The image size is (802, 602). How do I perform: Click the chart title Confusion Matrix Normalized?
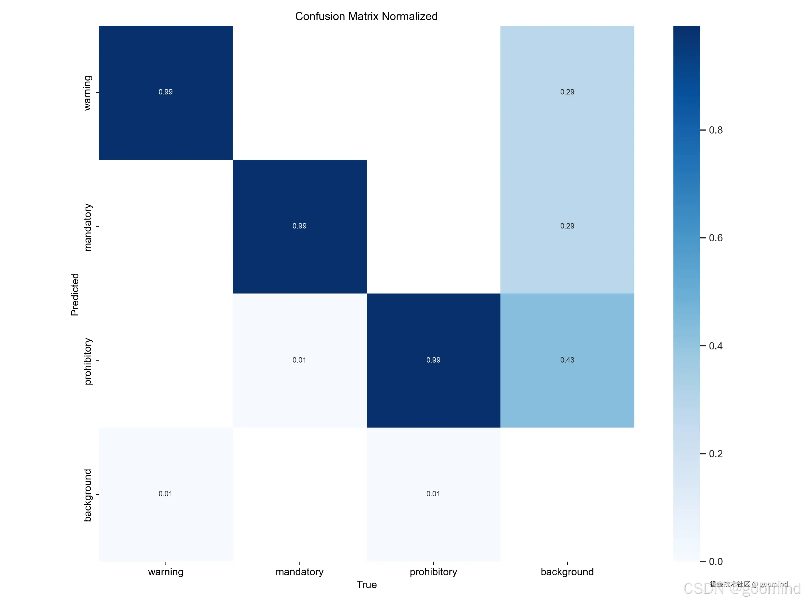pyautogui.click(x=366, y=16)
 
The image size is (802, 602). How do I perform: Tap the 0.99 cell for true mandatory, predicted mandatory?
pyautogui.click(x=299, y=226)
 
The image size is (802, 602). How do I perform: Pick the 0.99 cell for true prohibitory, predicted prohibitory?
pyautogui.click(x=433, y=360)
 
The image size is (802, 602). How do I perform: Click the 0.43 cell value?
pyautogui.click(x=567, y=360)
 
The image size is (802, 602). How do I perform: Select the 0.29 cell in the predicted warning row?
pyautogui.click(x=567, y=92)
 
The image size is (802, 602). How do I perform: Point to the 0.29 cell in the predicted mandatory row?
pyautogui.click(x=567, y=226)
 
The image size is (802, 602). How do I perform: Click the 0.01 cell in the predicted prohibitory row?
pyautogui.click(x=299, y=360)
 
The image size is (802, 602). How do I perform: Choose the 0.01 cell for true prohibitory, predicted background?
pyautogui.click(x=433, y=494)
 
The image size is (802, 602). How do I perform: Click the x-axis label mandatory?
pyautogui.click(x=299, y=572)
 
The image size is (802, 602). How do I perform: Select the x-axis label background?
pyautogui.click(x=567, y=572)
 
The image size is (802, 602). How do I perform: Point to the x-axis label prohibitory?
pyautogui.click(x=433, y=572)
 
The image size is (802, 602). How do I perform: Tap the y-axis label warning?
pyautogui.click(x=88, y=93)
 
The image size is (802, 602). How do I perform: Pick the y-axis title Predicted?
pyautogui.click(x=75, y=294)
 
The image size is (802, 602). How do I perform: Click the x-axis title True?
pyautogui.click(x=367, y=585)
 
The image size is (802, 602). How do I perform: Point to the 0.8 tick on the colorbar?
pyautogui.click(x=715, y=130)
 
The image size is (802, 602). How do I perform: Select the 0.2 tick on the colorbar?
pyautogui.click(x=715, y=454)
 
